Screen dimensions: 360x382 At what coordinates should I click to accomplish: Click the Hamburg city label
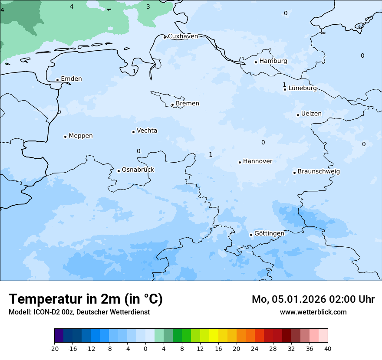click(273, 61)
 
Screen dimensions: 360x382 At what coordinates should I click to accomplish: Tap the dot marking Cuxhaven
click(165, 37)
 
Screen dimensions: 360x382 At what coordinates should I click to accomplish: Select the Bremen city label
click(187, 104)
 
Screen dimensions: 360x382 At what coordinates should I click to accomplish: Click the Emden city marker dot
click(57, 80)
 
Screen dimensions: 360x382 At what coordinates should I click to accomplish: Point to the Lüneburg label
click(302, 88)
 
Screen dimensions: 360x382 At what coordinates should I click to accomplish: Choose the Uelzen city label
click(311, 114)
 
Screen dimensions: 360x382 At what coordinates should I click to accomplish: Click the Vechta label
click(147, 131)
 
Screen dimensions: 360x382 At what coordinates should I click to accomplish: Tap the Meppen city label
click(80, 136)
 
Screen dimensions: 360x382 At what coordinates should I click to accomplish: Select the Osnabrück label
click(138, 170)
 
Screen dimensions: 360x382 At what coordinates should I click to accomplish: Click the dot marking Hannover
click(240, 162)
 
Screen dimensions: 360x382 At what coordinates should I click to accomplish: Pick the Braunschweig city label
click(318, 172)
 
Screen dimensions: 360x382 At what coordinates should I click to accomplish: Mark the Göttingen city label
click(269, 234)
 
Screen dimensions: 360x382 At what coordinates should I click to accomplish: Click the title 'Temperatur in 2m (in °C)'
click(86, 299)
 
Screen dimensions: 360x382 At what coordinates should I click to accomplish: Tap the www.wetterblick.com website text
click(313, 312)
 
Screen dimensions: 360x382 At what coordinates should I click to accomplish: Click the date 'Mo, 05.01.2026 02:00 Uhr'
click(313, 299)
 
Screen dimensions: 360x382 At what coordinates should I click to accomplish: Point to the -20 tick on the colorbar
click(54, 349)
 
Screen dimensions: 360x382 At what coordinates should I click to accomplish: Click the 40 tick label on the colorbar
click(328, 349)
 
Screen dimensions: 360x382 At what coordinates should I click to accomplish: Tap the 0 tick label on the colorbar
click(145, 349)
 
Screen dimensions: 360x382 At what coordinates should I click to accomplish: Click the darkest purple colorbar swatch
click(59, 336)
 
